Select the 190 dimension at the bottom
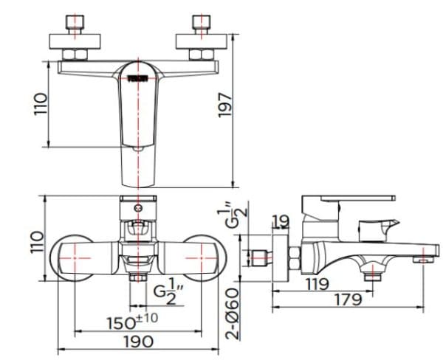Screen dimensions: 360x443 [138, 342]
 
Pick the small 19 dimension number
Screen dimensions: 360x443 [280, 221]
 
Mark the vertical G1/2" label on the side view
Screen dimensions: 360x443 [233, 218]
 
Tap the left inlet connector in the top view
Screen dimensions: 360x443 [73, 37]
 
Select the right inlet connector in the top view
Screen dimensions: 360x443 [201, 37]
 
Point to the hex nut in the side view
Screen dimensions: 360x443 [295, 258]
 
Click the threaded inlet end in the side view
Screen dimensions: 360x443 [258, 258]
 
